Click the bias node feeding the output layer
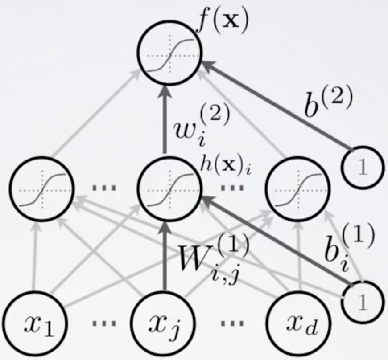tap(362, 166)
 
